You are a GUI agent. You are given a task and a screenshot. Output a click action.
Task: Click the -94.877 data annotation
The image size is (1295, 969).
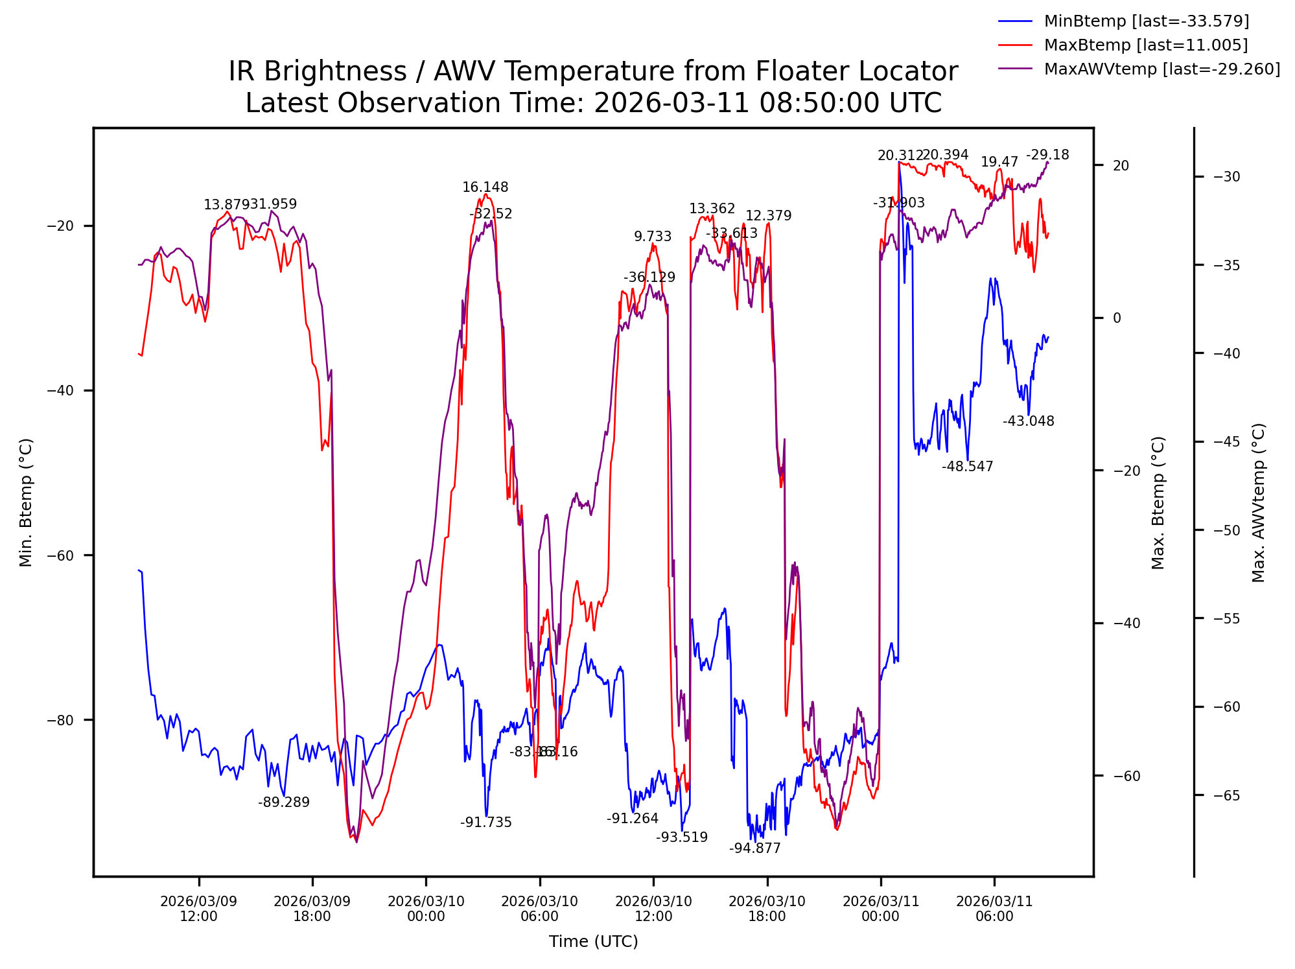754,848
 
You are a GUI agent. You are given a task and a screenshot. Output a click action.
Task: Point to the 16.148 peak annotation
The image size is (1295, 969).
485,188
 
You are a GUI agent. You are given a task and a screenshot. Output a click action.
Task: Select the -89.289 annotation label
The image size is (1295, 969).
284,802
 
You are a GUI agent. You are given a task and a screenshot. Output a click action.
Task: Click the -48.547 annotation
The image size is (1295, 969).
967,467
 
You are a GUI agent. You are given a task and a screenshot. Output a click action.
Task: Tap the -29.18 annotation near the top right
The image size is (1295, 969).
1047,155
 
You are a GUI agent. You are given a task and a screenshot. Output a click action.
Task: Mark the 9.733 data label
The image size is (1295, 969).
653,237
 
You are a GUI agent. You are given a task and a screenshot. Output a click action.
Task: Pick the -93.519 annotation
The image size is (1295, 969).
681,837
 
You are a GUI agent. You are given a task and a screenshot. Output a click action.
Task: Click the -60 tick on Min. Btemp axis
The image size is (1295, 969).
61,555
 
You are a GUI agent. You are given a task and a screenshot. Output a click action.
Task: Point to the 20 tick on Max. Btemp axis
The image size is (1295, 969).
1121,165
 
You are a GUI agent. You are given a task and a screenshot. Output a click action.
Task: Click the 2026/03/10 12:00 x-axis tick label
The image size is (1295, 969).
653,909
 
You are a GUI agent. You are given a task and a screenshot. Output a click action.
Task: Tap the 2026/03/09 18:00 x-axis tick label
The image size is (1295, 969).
312,909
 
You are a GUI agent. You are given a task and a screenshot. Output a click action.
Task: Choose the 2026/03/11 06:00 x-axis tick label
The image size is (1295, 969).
994,909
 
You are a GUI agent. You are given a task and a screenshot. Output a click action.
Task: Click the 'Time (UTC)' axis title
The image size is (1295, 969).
593,942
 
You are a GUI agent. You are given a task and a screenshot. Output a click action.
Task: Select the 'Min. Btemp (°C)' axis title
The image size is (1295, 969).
26,502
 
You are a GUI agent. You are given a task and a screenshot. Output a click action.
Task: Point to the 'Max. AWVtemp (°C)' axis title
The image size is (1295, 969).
1258,502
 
